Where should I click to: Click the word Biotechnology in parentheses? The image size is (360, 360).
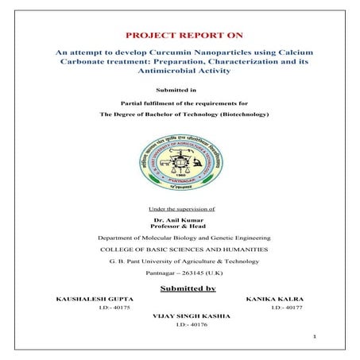click(243, 114)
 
